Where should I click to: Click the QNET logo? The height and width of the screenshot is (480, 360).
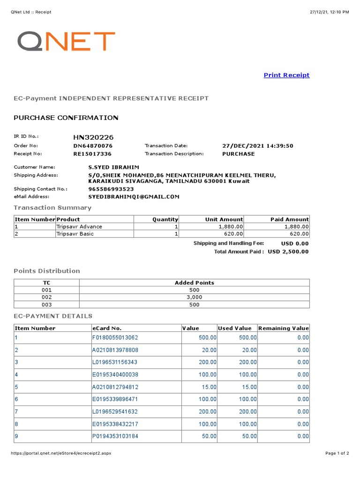pos(66,41)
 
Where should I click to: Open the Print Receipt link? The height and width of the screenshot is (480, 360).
pos(286,75)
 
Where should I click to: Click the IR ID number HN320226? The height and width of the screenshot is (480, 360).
pos(93,137)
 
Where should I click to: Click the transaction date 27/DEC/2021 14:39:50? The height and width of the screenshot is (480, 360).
pos(257,146)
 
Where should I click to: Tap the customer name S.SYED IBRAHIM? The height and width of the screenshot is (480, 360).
pos(113,167)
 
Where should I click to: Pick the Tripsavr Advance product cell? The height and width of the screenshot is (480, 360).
pos(79,226)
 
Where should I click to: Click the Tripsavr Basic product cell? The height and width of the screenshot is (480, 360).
pos(75,233)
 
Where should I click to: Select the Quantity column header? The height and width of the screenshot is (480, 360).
pos(165,219)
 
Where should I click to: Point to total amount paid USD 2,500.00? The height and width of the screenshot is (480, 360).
pos(288,252)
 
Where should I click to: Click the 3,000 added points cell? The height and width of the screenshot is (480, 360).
pos(194,297)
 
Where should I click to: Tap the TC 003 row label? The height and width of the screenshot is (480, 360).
pos(47,305)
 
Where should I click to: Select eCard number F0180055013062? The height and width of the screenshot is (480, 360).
pos(115,337)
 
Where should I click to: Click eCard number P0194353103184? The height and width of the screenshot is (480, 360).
pos(115,436)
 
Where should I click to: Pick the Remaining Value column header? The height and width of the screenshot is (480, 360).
pos(283,328)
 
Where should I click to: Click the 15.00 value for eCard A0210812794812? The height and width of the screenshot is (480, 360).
pos(208,387)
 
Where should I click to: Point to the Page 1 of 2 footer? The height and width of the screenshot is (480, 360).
pos(337,453)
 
